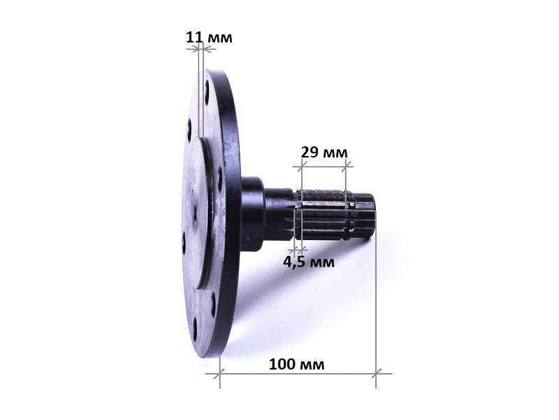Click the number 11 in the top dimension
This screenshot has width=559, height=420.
(x=194, y=37)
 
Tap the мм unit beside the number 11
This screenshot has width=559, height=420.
(x=219, y=38)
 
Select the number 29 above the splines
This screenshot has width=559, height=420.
(x=310, y=152)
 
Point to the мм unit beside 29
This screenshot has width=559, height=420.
(x=335, y=153)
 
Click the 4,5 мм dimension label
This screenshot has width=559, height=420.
(x=309, y=262)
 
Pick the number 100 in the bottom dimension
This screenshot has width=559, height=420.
(x=282, y=365)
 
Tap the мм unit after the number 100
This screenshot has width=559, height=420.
(x=312, y=365)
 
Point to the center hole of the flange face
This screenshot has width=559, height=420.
(x=195, y=213)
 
